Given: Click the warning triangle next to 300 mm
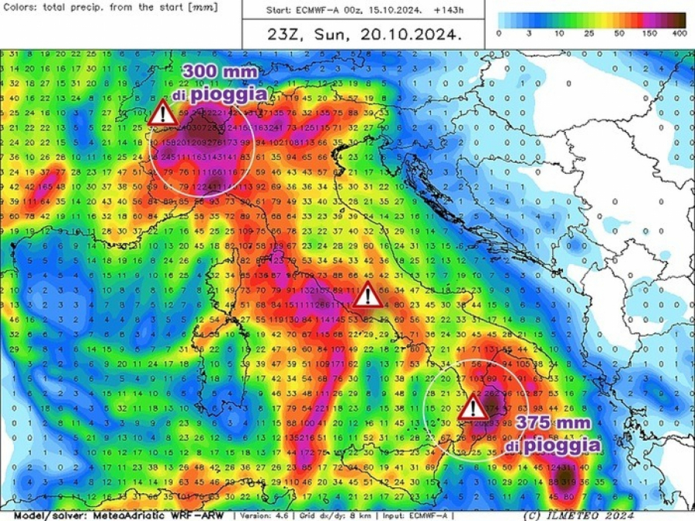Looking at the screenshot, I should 162,113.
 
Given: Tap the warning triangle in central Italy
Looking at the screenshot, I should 366,295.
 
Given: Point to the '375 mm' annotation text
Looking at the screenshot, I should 554,423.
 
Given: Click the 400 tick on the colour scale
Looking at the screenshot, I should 679,33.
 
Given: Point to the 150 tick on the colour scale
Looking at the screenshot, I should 649,33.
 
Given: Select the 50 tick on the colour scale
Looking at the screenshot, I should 619,33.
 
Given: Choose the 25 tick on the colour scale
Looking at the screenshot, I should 588,33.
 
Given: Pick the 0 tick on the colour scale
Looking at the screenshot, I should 499,33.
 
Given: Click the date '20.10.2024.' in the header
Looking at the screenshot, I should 421,35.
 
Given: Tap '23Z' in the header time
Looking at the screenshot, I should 283,35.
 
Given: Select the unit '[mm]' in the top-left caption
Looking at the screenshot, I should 202,7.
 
